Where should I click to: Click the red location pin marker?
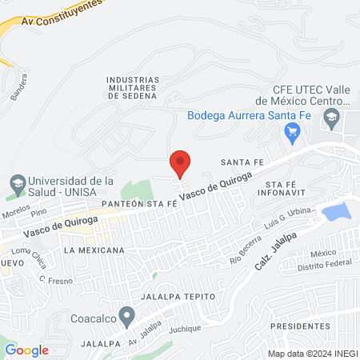181,162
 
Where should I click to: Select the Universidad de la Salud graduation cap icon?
15,186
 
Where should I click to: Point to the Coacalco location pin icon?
125,313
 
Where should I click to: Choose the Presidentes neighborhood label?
300,326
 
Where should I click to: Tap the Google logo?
26,350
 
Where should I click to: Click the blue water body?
336,211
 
